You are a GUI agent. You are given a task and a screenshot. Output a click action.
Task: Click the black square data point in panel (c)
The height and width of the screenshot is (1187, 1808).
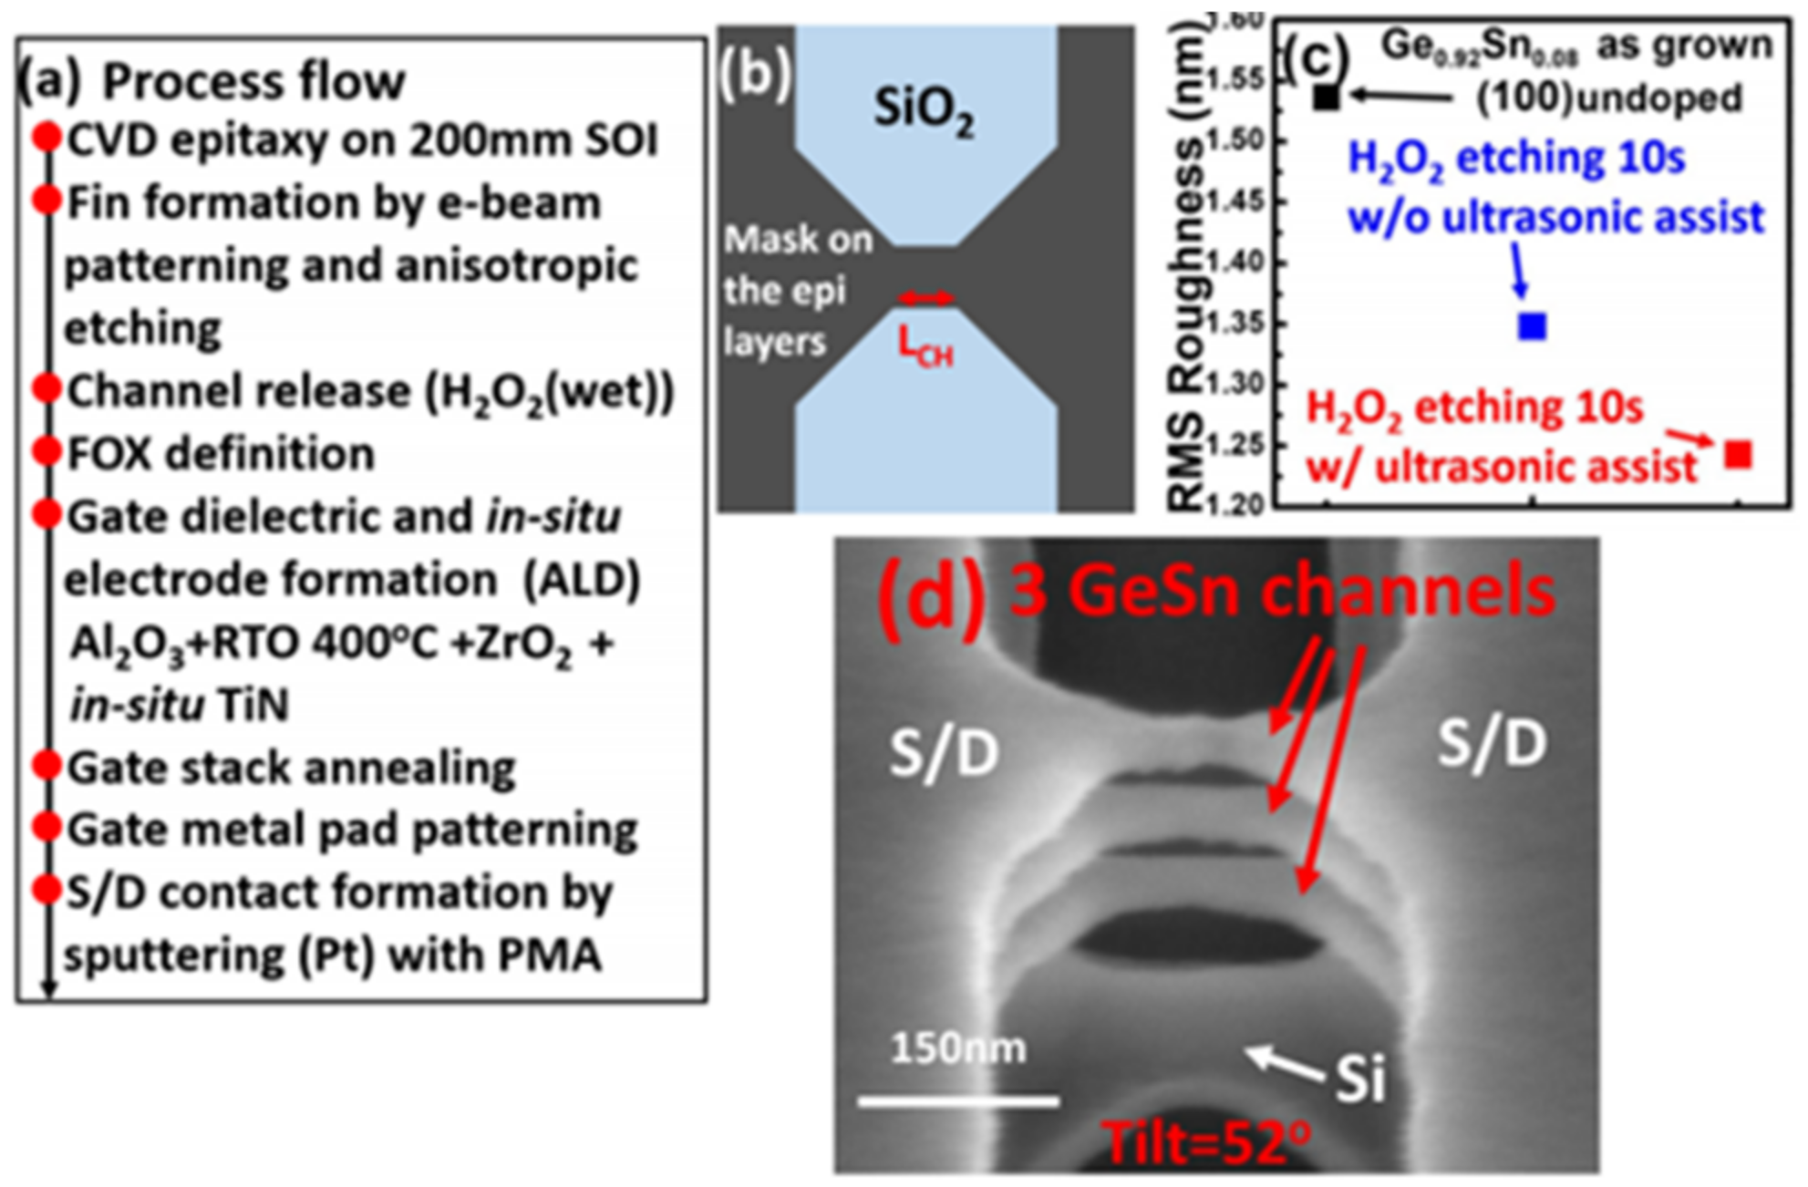pos(1327,97)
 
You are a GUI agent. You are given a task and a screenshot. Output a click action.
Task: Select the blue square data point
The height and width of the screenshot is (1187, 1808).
pos(1533,325)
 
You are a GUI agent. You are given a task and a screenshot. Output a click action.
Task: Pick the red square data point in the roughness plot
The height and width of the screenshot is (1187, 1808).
pos(1739,453)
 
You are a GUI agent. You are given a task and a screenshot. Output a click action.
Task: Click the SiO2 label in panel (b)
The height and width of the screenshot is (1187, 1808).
pos(923,109)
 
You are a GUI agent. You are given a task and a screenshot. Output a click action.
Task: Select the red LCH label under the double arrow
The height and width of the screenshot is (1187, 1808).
pos(925,347)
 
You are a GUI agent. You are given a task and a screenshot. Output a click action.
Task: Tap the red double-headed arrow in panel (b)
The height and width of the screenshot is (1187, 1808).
pos(925,298)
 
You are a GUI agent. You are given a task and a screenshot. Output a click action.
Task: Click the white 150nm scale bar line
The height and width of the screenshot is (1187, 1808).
pos(958,1101)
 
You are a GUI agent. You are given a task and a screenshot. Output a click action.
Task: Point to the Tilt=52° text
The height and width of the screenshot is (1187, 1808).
pos(1205,1142)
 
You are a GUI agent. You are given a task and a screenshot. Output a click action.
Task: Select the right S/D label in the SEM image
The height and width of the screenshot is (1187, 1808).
pos(1492,743)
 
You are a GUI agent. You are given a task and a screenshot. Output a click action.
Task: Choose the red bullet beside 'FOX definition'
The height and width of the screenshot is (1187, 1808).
pos(46,451)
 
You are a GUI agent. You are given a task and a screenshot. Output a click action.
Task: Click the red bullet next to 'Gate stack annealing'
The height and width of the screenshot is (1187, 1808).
pos(46,765)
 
